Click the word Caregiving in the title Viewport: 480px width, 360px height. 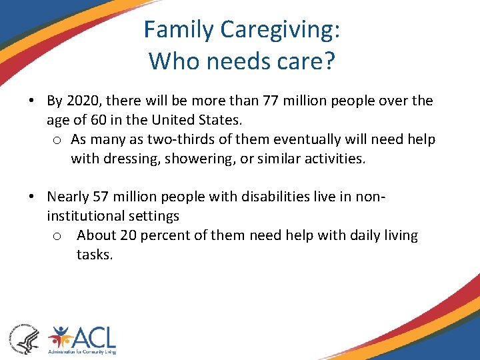click(x=281, y=30)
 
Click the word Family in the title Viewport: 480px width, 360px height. click(x=179, y=30)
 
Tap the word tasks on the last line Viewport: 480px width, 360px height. click(x=94, y=255)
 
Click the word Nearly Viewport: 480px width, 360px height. click(x=65, y=197)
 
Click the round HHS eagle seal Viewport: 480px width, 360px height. click(x=23, y=338)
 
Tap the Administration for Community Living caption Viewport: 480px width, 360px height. click(x=81, y=351)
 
